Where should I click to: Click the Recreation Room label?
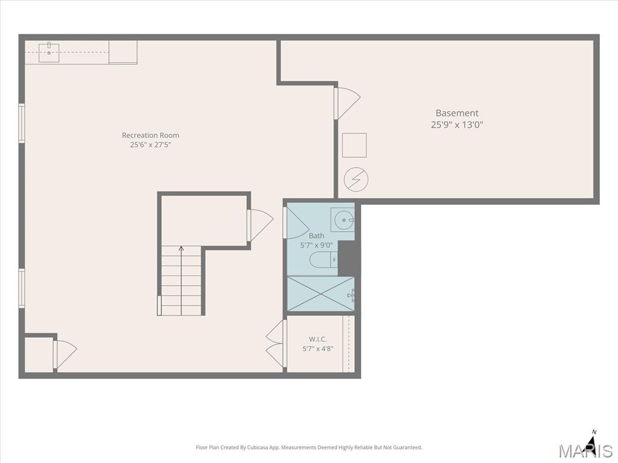pos(150,135)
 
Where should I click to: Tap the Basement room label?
pos(457,113)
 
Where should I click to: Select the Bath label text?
pos(316,236)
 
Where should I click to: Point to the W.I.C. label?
pos(317,339)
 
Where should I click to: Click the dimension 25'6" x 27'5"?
pos(150,145)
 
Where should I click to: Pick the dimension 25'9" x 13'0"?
pos(457,125)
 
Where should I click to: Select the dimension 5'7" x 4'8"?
pos(317,348)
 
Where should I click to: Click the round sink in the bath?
pos(344,220)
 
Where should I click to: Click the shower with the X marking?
pos(320,294)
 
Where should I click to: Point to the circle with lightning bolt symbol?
pos(356,180)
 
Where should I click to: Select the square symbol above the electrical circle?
pos(354,145)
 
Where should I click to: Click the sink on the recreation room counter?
pos(49,52)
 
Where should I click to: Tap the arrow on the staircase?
pos(181,280)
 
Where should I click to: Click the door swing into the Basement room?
pos(347,103)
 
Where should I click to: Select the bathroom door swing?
pos(296,223)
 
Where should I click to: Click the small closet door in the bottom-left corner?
pos(65,354)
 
